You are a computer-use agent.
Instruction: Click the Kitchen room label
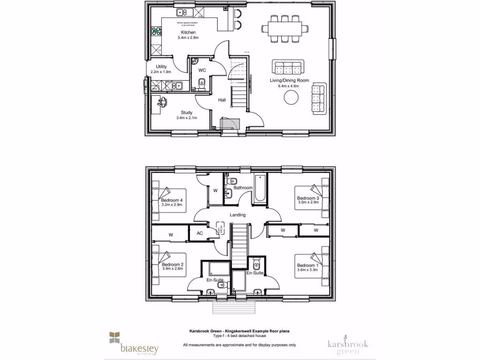[188, 32]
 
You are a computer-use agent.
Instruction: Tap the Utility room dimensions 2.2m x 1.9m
[161, 72]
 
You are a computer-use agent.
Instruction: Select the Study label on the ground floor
[187, 112]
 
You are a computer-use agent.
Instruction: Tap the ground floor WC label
[202, 70]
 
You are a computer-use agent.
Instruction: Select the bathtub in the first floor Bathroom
[259, 189]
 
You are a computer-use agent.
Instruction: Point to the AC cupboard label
[199, 233]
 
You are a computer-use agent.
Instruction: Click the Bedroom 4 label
[172, 200]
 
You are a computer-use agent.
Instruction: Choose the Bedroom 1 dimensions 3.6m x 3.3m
[307, 270]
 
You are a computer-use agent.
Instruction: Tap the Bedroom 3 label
[308, 198]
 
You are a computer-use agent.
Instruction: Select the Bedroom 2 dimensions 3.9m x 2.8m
[172, 269]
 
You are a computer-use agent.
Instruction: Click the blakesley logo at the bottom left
[134, 344]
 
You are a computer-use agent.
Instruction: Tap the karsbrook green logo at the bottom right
[347, 344]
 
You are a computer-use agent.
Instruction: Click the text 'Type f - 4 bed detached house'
[240, 337]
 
